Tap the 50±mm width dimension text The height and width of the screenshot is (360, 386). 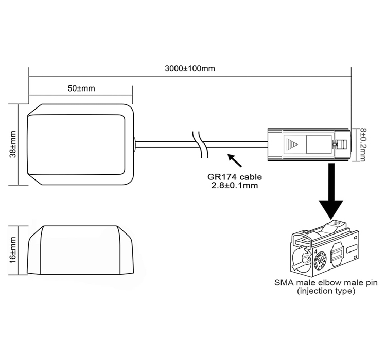[81, 88]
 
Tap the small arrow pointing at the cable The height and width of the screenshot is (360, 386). [235, 160]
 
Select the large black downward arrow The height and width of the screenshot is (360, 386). [330, 193]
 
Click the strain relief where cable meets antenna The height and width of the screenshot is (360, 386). [135, 145]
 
